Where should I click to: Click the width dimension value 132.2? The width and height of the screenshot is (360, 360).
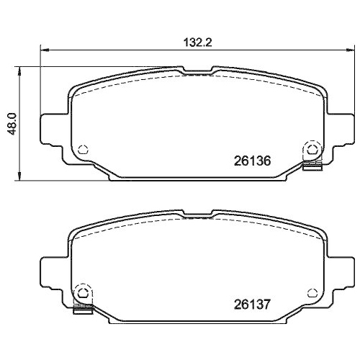(x=199, y=42)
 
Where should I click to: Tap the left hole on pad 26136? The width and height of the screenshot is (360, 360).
(x=82, y=149)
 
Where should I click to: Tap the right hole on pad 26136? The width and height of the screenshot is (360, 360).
(x=312, y=149)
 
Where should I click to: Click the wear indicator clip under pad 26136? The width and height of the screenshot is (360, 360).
(x=312, y=168)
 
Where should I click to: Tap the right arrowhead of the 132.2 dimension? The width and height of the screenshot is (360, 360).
(x=352, y=50)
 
